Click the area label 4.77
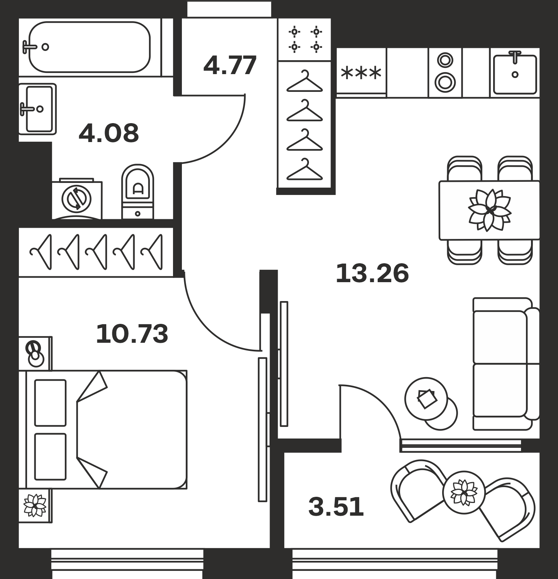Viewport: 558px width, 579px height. (x=230, y=66)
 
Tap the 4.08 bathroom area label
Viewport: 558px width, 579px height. (x=109, y=133)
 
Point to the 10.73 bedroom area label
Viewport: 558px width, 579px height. (x=132, y=334)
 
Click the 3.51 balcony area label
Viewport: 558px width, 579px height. (x=336, y=507)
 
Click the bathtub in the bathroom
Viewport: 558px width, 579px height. (x=89, y=47)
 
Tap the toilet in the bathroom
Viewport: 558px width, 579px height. (x=138, y=192)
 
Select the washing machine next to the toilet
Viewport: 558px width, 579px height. (x=77, y=199)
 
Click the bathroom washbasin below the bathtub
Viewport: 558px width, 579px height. (x=38, y=109)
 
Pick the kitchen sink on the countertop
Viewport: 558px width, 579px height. (x=515, y=73)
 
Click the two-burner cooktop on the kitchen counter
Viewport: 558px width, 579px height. (x=445, y=73)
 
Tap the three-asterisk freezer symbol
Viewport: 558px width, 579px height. (x=361, y=73)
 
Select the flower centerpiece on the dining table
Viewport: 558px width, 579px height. (x=489, y=210)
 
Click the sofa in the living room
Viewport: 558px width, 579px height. (x=506, y=364)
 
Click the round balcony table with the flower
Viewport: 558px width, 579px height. (x=464, y=492)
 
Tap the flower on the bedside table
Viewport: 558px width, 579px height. (x=35, y=505)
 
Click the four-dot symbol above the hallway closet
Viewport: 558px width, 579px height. (x=305, y=39)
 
